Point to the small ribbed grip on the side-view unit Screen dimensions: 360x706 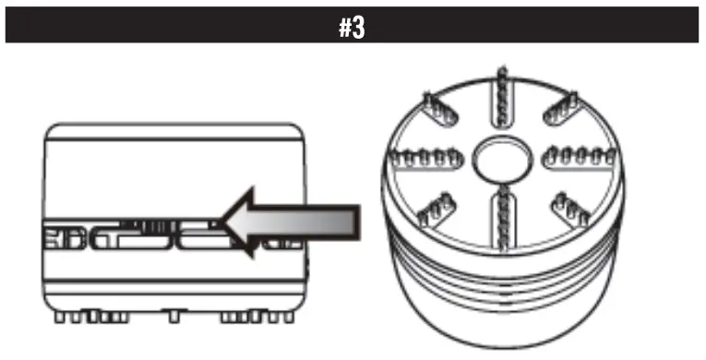click(x=147, y=224)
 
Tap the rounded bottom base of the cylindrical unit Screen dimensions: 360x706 click(x=503, y=323)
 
